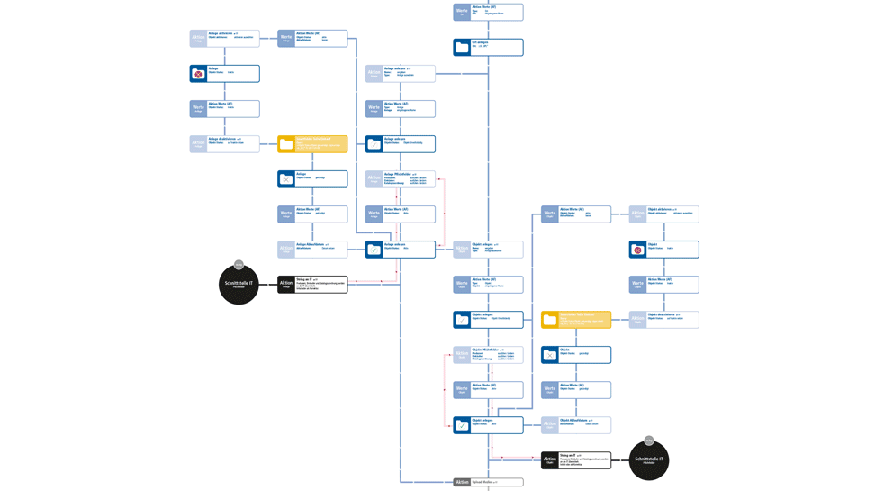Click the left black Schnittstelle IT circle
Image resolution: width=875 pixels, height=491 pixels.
point(239,285)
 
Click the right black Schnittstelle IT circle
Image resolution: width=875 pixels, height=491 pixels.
point(648,460)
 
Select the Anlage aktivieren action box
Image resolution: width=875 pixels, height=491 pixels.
point(224,38)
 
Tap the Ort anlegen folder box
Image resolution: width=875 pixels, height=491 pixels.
point(488,47)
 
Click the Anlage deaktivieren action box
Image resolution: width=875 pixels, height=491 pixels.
point(224,143)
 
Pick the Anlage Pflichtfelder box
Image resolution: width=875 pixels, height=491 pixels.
point(401,178)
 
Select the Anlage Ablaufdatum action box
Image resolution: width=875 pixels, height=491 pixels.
point(312,249)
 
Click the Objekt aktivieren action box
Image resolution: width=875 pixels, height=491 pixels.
point(663,214)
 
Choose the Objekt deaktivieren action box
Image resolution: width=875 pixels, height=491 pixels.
point(663,319)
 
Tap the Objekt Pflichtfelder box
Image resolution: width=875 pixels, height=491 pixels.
point(488,355)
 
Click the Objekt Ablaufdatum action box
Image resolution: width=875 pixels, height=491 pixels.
point(576,424)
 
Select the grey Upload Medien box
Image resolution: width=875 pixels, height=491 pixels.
point(488,483)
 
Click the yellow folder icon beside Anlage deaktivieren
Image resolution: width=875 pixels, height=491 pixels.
point(286,144)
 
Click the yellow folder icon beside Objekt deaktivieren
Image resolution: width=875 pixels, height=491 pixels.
point(549,320)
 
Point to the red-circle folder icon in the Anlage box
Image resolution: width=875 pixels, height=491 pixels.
point(198,74)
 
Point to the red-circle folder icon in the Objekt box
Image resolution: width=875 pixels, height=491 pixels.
point(637,250)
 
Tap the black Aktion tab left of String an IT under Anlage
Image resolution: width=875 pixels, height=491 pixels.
point(286,285)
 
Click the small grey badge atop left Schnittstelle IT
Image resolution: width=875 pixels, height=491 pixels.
point(239,265)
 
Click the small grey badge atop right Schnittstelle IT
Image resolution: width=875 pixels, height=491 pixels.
point(648,441)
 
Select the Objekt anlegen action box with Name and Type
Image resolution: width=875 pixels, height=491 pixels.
point(488,249)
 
